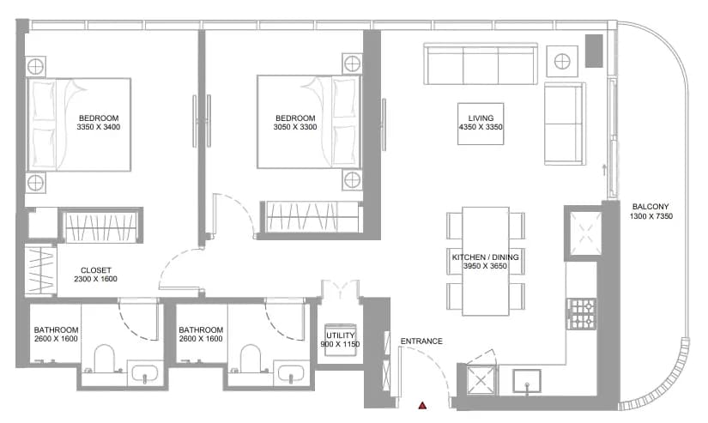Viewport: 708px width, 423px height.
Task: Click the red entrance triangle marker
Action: click(422, 405)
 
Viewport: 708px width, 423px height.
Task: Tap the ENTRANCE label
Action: click(421, 341)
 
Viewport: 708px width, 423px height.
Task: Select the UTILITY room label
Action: click(341, 335)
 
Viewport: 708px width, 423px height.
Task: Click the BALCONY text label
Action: click(651, 207)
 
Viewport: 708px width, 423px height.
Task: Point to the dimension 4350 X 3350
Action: click(481, 127)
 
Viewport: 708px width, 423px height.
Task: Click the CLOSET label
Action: click(96, 270)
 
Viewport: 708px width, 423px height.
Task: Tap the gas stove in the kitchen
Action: click(582, 314)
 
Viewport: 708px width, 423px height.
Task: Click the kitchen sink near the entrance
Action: click(526, 382)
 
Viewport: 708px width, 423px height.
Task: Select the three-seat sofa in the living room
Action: click(481, 63)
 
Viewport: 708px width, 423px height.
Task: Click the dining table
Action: click(486, 261)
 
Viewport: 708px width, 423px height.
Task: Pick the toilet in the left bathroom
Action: click(105, 359)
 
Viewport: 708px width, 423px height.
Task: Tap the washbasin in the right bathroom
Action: click(291, 373)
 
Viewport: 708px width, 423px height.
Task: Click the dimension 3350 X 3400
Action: click(99, 127)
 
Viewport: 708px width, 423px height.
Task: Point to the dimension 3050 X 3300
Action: click(295, 127)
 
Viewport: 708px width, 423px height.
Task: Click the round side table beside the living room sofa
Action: click(562, 61)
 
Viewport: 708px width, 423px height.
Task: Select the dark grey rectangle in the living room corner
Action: click(594, 51)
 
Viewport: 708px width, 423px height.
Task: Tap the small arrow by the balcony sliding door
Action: click(603, 170)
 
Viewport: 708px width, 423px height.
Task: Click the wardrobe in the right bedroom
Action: click(312, 217)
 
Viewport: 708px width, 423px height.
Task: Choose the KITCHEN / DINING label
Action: click(486, 257)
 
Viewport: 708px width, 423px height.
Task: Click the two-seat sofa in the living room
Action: click(565, 124)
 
